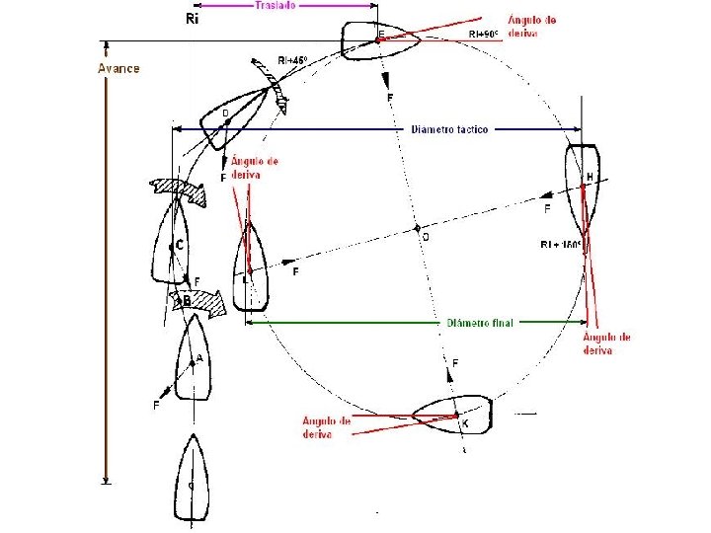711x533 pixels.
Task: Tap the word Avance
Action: click(118, 68)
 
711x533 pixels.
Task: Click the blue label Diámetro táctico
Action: click(448, 129)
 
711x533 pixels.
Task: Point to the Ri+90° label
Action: click(485, 34)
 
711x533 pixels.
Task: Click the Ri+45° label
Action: click(292, 61)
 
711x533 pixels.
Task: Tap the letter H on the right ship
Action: click(591, 177)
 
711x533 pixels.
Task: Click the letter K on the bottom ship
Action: click(464, 423)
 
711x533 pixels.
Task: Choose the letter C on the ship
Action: click(180, 244)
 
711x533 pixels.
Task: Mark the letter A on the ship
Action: click(199, 360)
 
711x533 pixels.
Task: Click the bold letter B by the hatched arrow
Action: click(187, 300)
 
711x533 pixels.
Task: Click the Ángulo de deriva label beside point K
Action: click(327, 427)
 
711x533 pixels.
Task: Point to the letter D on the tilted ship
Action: click(225, 114)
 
